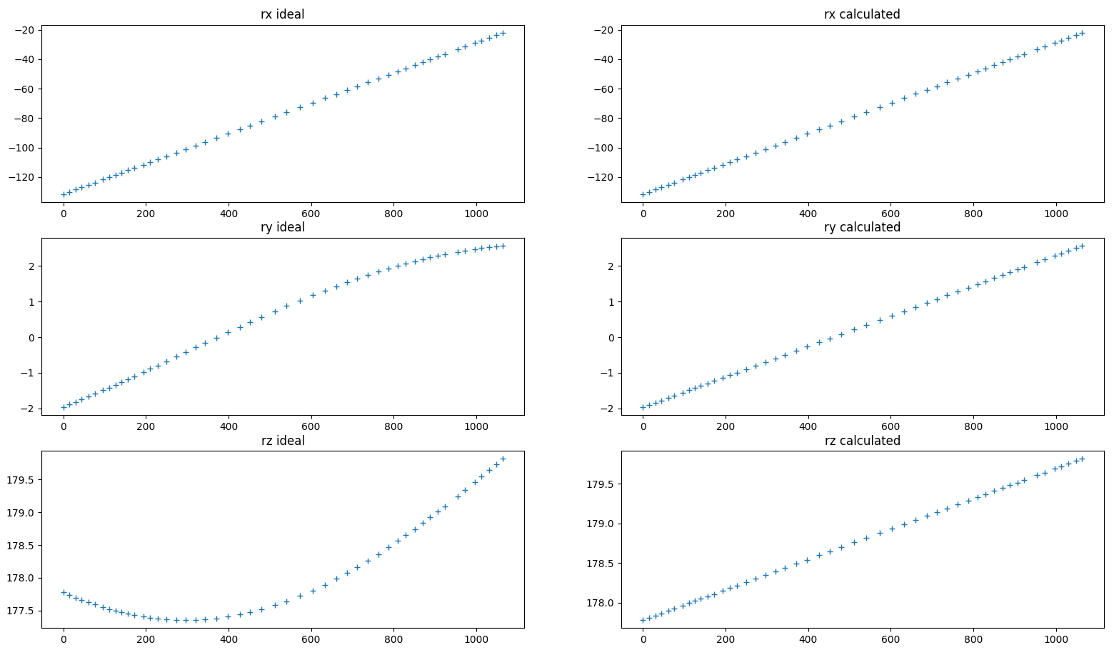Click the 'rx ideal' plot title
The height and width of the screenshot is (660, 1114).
(282, 14)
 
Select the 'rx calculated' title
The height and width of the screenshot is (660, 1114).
(862, 14)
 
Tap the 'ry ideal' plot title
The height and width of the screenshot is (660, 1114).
(282, 227)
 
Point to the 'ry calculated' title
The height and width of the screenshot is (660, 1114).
(862, 227)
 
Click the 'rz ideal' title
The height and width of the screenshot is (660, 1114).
(282, 441)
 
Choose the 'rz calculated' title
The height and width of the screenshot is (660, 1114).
(862, 441)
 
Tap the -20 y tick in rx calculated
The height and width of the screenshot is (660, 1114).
(606, 30)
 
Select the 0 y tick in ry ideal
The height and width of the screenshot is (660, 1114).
(31, 338)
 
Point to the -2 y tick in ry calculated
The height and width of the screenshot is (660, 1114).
(606, 409)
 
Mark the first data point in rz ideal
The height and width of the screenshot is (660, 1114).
(64, 592)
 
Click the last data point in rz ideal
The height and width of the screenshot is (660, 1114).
(503, 459)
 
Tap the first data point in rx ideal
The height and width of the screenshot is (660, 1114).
(64, 194)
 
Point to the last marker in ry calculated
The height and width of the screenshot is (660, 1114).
(1082, 246)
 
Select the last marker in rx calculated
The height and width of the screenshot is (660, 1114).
(1082, 33)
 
